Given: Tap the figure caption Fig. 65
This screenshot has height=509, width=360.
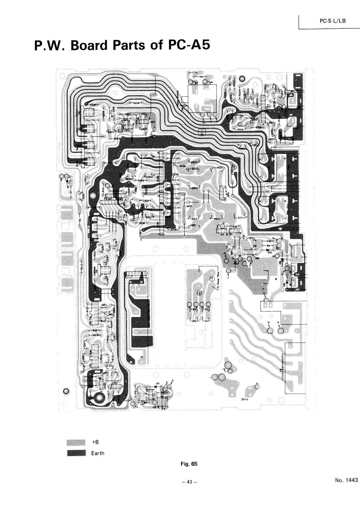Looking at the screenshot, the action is [x=189, y=464].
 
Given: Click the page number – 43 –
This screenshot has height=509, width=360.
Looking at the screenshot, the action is [x=189, y=482].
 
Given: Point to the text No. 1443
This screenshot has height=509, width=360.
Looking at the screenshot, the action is [x=346, y=480].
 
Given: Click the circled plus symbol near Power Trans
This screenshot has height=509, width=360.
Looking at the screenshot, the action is [x=199, y=293].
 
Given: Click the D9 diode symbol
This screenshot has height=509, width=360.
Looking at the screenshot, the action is [x=285, y=284].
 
